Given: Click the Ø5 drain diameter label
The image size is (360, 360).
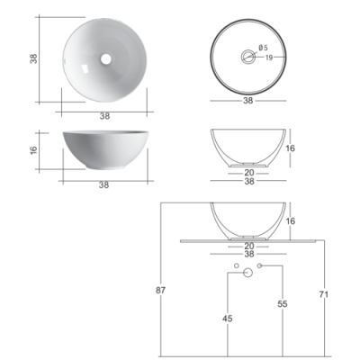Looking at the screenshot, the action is click(x=263, y=48).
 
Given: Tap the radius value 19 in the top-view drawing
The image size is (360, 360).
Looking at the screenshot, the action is click(x=269, y=58).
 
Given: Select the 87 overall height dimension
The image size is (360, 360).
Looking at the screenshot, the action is click(x=161, y=291).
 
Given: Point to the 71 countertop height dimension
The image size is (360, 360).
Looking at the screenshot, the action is click(x=324, y=294).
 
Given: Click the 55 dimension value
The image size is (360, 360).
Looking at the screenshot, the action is click(x=283, y=304).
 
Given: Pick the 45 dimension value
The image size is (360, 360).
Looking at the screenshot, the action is click(x=228, y=319).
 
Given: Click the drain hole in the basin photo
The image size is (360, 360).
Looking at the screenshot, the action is click(x=105, y=59).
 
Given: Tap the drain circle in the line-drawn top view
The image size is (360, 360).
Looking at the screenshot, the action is click(x=248, y=57).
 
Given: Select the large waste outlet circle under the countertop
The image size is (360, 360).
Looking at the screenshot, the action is click(x=247, y=273).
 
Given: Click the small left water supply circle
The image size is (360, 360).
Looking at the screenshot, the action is click(x=236, y=265).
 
